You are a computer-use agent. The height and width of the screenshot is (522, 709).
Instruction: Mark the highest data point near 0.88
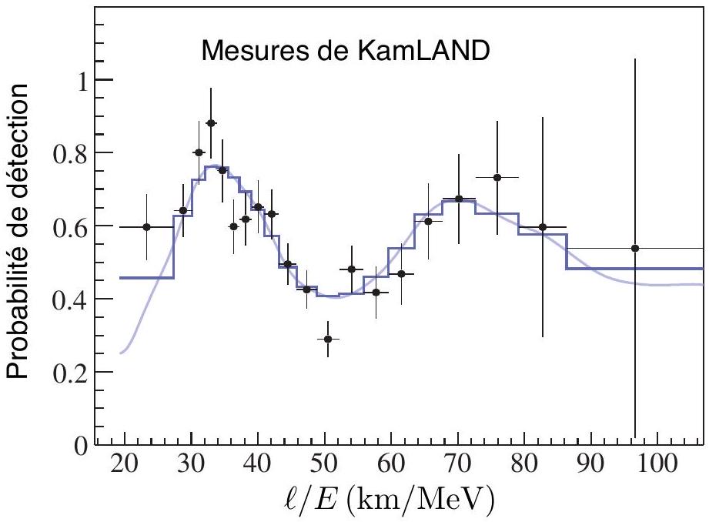click(210, 123)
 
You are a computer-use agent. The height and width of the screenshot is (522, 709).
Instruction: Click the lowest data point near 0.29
click(328, 339)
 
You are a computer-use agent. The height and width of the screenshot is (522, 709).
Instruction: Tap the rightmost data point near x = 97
click(635, 248)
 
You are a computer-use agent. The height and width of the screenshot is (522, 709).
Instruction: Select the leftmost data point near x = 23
click(147, 226)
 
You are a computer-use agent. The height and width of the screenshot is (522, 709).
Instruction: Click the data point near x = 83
click(542, 226)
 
